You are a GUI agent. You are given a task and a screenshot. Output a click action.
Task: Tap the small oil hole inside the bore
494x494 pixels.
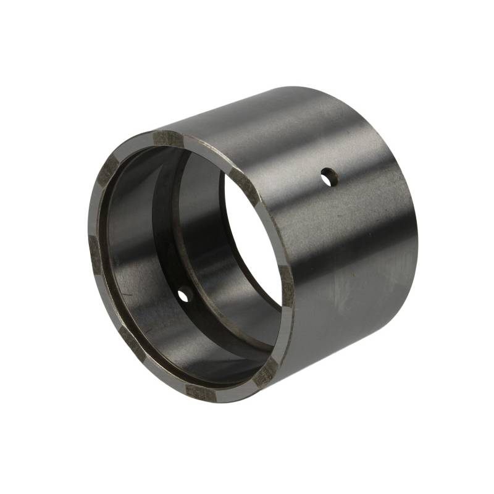point(183,296)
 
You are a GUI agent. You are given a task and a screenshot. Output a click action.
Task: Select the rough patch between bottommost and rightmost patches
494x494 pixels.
point(266,372)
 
